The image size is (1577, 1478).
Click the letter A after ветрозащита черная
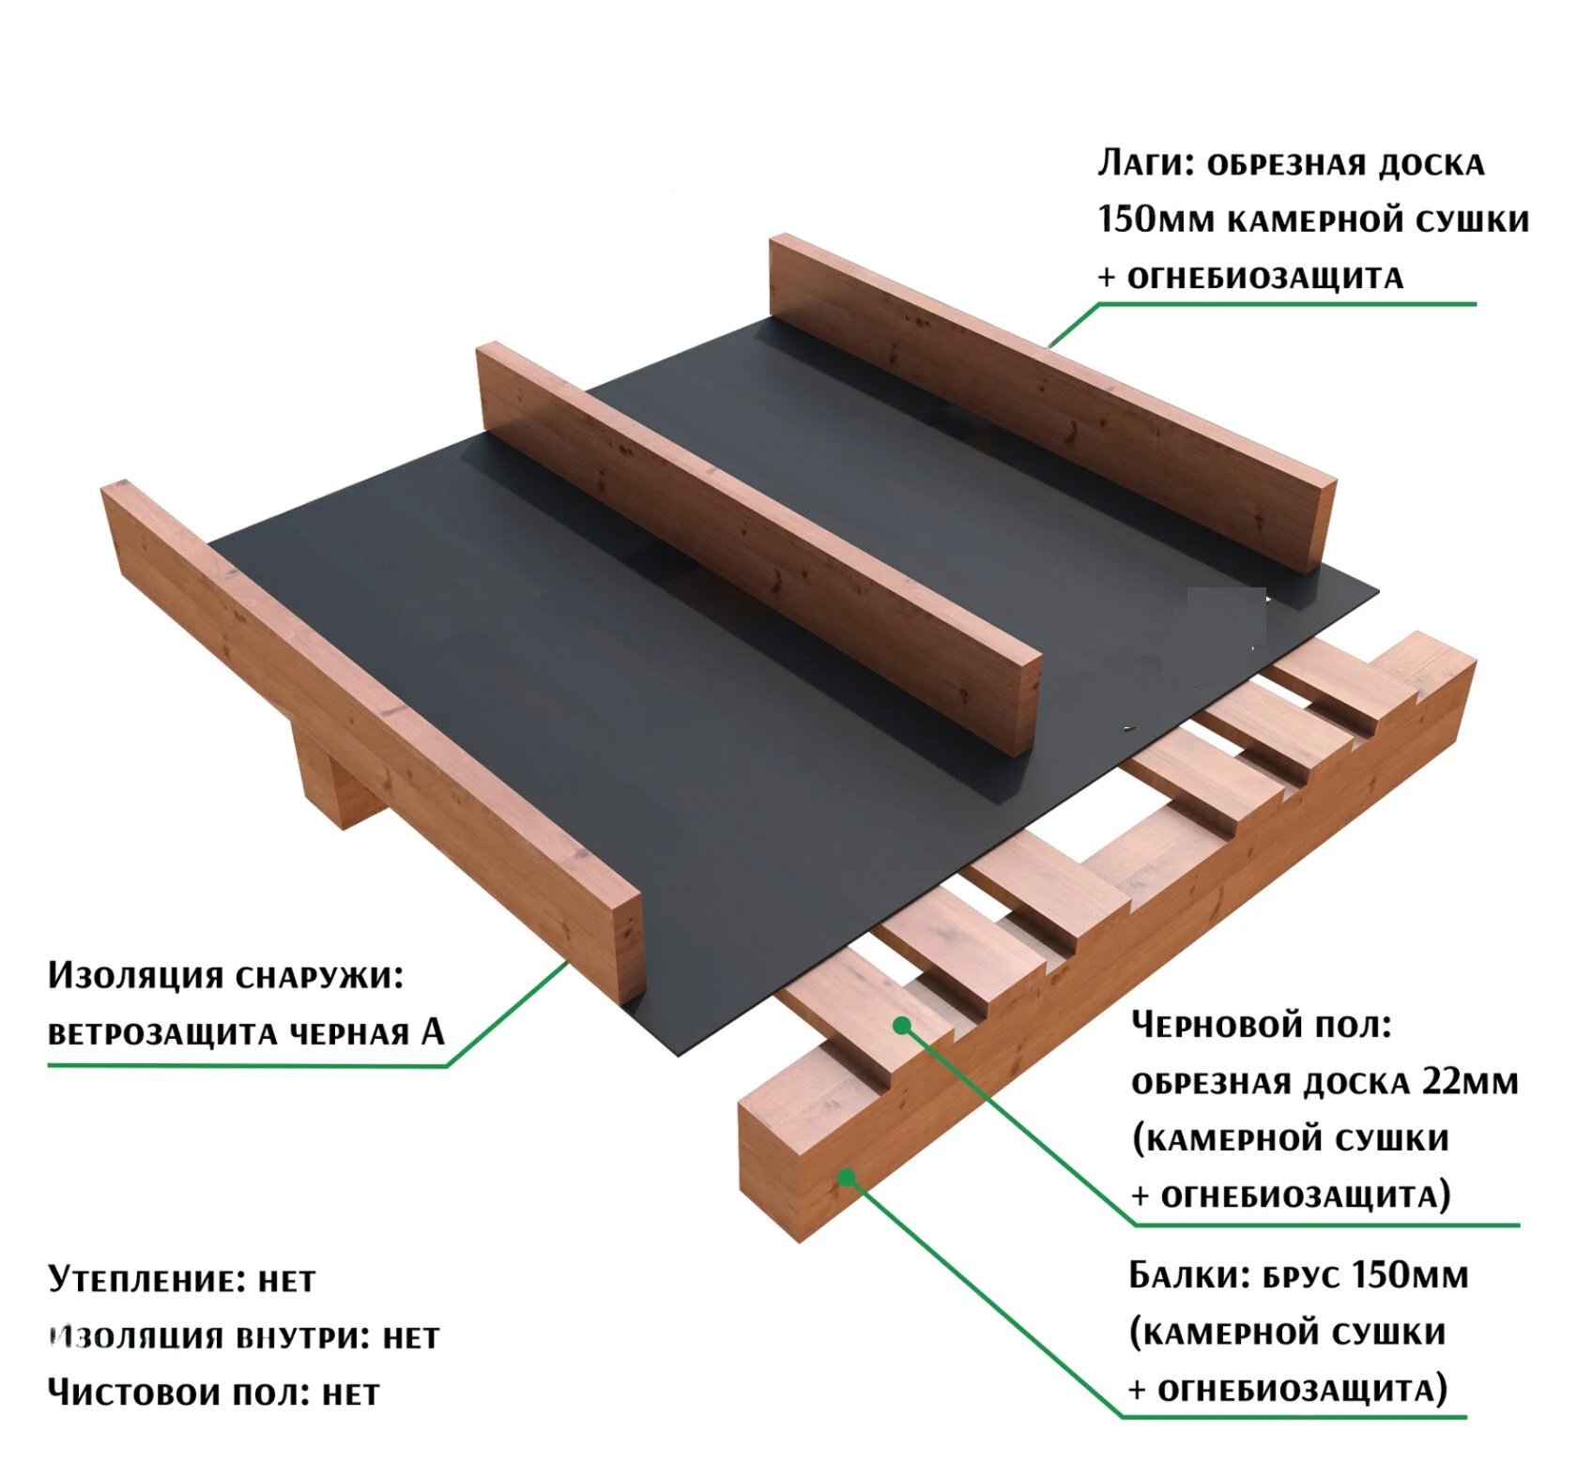[x=433, y=1031]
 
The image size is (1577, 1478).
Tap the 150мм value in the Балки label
[x=1410, y=1275]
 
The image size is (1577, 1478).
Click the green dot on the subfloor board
[x=901, y=1026]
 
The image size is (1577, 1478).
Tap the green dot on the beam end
[x=846, y=1177]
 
